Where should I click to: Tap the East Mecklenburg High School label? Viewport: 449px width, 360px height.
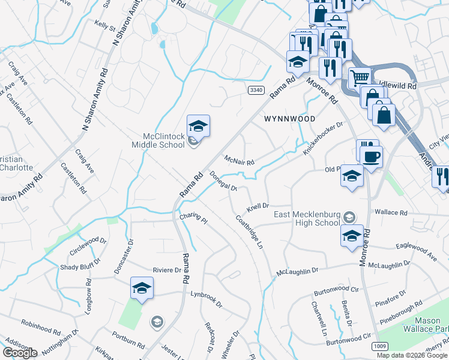pyautogui.click(x=306, y=219)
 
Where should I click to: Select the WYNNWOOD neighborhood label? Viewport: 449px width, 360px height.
pyautogui.click(x=289, y=119)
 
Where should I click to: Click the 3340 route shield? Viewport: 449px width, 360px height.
pyautogui.click(x=256, y=90)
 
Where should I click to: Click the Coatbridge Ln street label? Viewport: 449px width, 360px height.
pyautogui.click(x=250, y=237)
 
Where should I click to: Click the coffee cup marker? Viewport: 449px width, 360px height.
pyautogui.click(x=372, y=157)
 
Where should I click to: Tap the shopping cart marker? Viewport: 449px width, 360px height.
pyautogui.click(x=360, y=77)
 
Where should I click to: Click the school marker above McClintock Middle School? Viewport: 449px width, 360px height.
pyautogui.click(x=198, y=126)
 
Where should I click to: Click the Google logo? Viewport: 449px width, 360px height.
pyautogui.click(x=20, y=353)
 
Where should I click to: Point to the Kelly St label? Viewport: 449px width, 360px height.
pyautogui.click(x=104, y=26)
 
